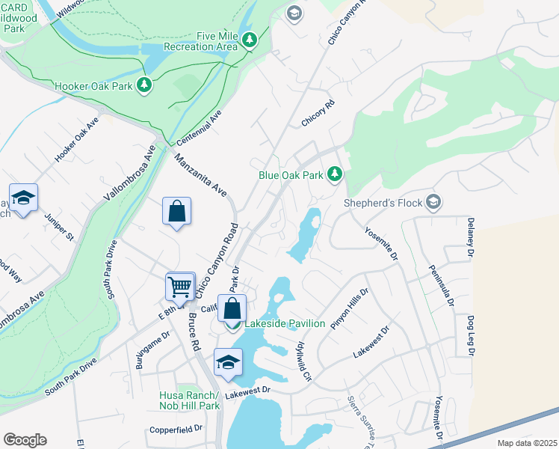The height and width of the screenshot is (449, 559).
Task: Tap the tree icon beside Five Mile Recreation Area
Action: coord(250,40)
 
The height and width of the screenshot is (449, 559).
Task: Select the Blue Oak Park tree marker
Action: coord(335,175)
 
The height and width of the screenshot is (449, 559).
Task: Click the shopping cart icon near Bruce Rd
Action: coord(180,287)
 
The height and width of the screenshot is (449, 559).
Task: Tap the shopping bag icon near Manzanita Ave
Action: coord(176,211)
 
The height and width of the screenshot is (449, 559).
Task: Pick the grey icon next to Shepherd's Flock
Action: coord(433,202)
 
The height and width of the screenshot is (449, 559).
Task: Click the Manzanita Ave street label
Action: coord(200,176)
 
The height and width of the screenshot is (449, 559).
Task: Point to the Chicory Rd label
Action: coord(318,112)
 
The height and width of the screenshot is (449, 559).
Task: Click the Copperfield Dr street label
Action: coord(176,429)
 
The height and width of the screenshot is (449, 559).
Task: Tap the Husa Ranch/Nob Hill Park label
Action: coord(189,400)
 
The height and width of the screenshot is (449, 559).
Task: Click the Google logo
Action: coord(25,439)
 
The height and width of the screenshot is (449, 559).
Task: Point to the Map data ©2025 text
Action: coord(526,442)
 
